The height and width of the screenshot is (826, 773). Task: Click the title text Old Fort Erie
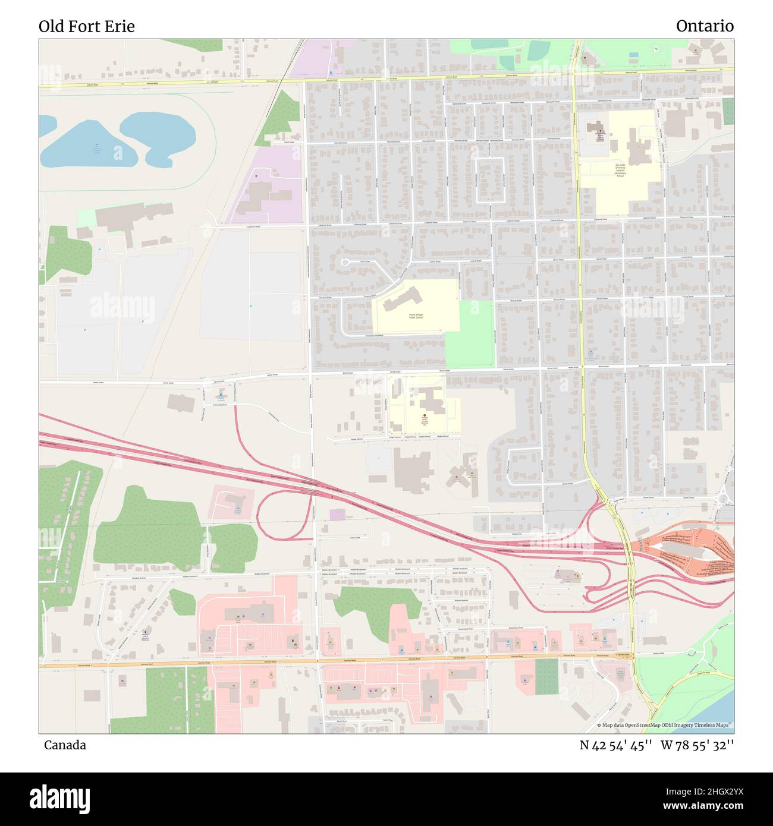click(x=87, y=26)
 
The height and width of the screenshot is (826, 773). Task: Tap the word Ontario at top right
click(x=705, y=26)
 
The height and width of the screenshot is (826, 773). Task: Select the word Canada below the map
click(x=65, y=745)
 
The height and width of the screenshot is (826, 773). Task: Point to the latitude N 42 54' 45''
click(x=617, y=745)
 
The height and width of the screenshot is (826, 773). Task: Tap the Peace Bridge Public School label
click(x=416, y=317)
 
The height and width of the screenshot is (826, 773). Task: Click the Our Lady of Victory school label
click(x=620, y=171)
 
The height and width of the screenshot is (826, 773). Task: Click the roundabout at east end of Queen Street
click(x=724, y=497)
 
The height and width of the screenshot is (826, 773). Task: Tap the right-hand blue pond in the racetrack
click(x=159, y=135)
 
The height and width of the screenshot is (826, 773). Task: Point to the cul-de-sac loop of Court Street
click(x=345, y=262)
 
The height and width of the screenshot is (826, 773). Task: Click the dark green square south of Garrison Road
click(x=546, y=676)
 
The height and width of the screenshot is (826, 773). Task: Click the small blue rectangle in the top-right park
click(x=633, y=55)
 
